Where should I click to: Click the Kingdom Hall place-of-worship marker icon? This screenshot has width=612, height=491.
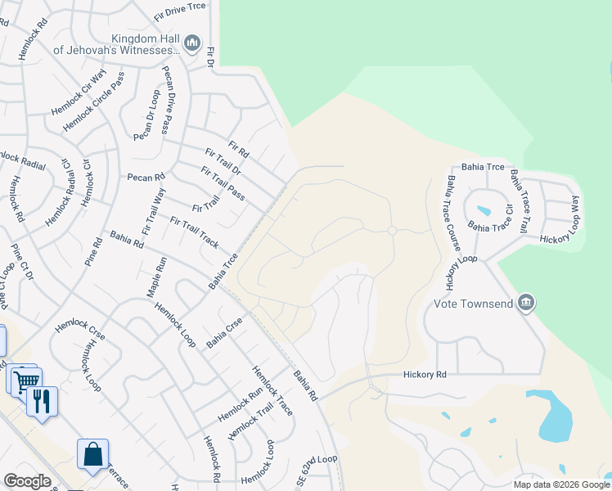coord(192,43)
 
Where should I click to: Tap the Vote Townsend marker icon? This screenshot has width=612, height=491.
coord(526,304)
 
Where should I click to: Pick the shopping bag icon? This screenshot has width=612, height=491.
coord(92,454)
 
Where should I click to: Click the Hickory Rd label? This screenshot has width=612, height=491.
coord(425,374)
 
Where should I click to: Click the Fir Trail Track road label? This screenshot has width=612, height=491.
coord(195,232)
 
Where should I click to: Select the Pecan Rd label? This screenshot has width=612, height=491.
coord(146,177)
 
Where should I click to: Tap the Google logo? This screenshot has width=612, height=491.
coord(26,480)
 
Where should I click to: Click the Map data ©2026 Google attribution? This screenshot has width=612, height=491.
coord(560,484)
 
